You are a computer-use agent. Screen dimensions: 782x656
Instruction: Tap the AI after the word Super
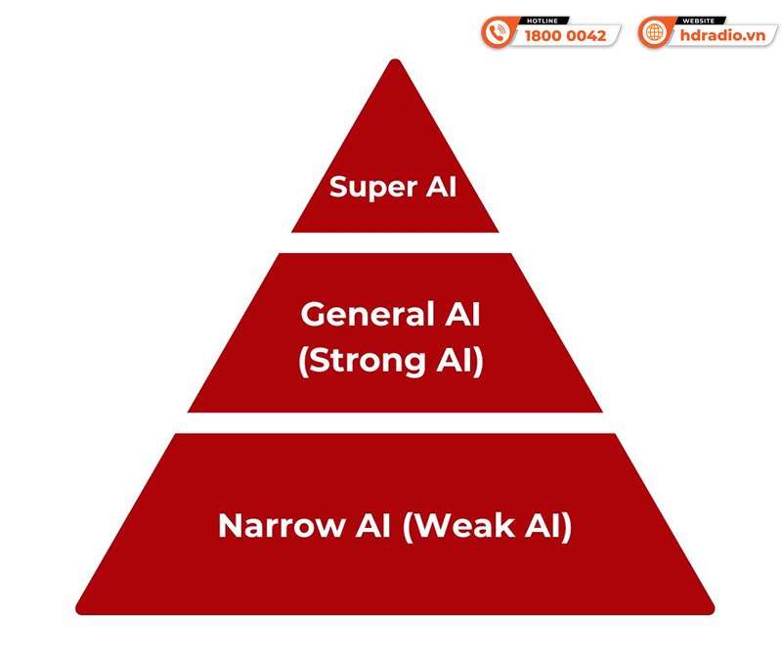point(441,187)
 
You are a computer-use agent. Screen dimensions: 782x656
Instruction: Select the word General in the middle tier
point(369,314)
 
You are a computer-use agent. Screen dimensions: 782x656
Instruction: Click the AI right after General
point(462,314)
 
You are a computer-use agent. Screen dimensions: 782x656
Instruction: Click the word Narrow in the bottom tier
point(282,525)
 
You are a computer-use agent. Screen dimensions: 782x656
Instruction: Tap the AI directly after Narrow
point(372,525)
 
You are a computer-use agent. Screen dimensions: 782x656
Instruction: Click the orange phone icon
point(496,33)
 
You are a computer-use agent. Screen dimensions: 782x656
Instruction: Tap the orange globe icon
point(653,33)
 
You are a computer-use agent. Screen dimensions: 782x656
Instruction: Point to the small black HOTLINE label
point(543,21)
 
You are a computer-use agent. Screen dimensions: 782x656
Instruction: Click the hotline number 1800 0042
point(565,36)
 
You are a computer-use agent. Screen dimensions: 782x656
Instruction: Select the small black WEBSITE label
point(700,21)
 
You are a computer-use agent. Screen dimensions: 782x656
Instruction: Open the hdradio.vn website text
point(722,35)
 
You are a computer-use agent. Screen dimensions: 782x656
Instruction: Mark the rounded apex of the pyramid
point(395,60)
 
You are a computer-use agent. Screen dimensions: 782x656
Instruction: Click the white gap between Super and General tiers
point(395,242)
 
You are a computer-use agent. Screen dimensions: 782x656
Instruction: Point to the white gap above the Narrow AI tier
point(395,423)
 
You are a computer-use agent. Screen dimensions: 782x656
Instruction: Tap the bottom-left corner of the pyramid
point(76,613)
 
